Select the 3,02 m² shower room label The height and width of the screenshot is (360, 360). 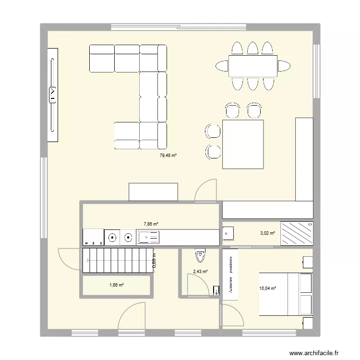coord(267,233)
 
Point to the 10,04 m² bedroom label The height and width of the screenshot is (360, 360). coord(268,288)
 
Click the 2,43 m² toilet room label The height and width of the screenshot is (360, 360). coord(200,271)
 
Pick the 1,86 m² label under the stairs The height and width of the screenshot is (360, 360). coord(117,285)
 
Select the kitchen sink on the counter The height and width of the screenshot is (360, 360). coord(149,236)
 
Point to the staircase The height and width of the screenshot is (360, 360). coord(117,261)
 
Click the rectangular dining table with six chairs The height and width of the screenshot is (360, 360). coord(253,66)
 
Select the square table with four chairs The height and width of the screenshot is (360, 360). coord(243,144)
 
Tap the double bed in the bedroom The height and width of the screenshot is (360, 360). coord(286,294)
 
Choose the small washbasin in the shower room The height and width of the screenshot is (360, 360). coord(228,233)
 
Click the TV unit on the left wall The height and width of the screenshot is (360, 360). coord(53,95)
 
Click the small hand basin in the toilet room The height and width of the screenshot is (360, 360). coord(216,290)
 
